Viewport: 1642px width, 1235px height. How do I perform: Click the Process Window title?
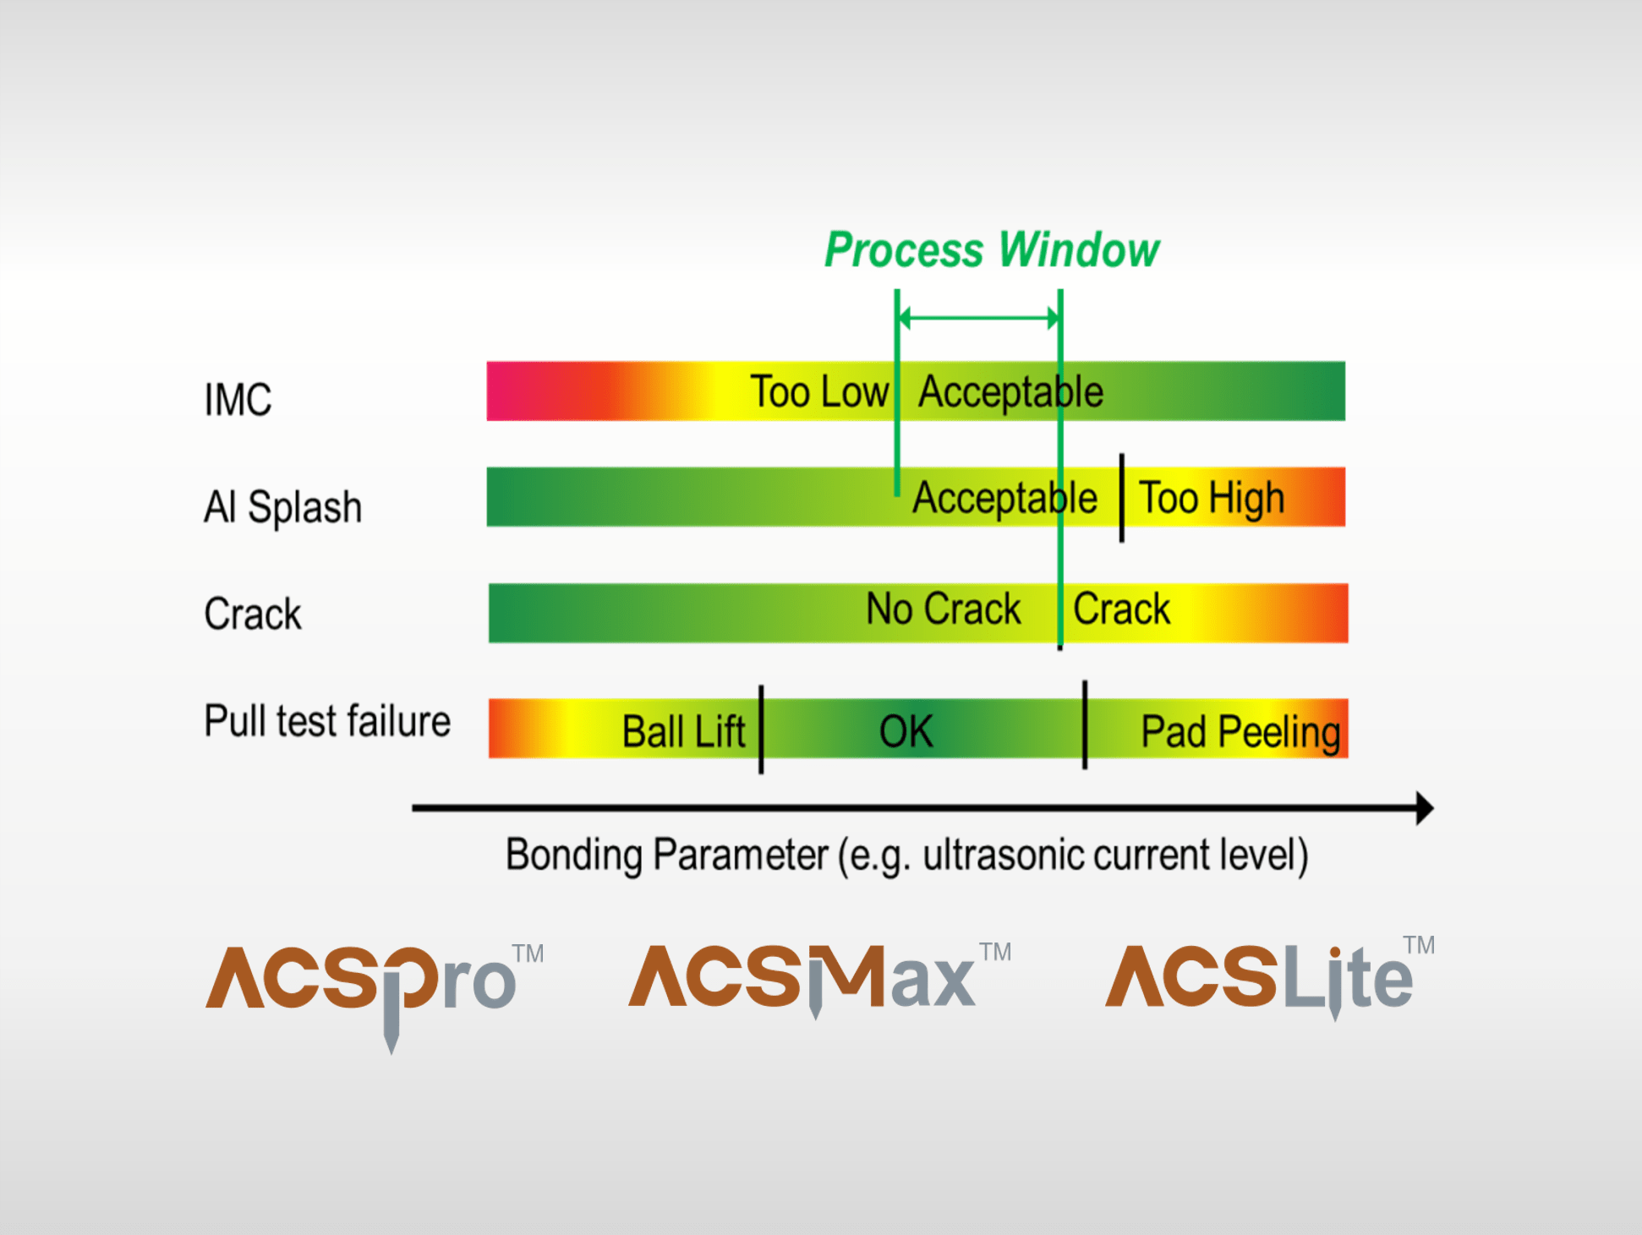click(992, 250)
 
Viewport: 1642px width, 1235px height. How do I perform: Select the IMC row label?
click(238, 399)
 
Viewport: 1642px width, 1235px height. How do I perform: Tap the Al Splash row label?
click(282, 507)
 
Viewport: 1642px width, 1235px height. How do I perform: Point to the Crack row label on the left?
click(252, 614)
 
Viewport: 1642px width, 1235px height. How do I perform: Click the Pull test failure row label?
click(327, 721)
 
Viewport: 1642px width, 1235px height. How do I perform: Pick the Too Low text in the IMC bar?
click(819, 391)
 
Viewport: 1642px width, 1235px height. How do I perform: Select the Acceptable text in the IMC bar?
click(1010, 392)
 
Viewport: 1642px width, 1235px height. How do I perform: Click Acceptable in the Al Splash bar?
click(1004, 498)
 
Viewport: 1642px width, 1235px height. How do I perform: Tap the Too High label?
click(1212, 498)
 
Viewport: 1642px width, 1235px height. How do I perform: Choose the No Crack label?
click(944, 609)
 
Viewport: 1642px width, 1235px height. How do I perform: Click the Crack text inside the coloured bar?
click(1121, 609)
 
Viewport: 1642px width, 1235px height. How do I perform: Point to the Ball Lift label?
click(683, 731)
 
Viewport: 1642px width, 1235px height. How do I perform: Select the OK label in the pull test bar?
click(906, 731)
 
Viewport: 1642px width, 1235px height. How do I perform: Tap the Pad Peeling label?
click(1240, 732)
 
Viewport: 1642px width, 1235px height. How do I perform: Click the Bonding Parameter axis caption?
click(906, 855)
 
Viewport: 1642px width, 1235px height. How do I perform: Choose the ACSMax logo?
click(819, 976)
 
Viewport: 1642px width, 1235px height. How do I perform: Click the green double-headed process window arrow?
click(978, 319)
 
